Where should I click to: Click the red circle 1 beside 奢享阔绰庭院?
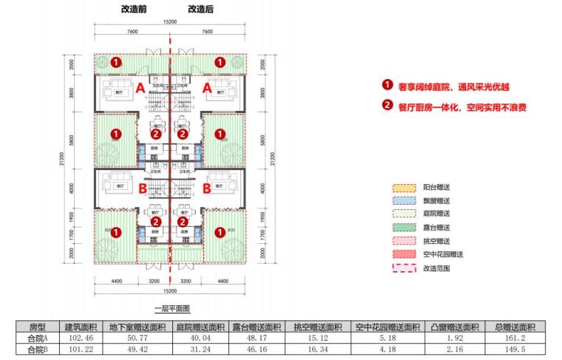pos(387,85)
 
